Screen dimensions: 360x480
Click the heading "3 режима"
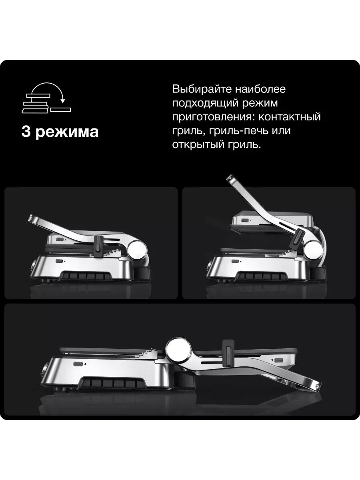pyautogui.click(x=60, y=132)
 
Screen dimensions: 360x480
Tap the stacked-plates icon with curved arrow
pyautogui.click(x=46, y=98)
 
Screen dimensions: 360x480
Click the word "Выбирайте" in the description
pyautogui.click(x=200, y=89)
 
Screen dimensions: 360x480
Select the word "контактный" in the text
pyautogui.click(x=290, y=116)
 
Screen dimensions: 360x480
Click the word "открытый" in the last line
pyautogui.click(x=198, y=144)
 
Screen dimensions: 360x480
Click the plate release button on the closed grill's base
pyautogui.click(x=58, y=261)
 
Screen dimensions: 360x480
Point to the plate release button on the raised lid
pyautogui.click(x=244, y=221)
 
